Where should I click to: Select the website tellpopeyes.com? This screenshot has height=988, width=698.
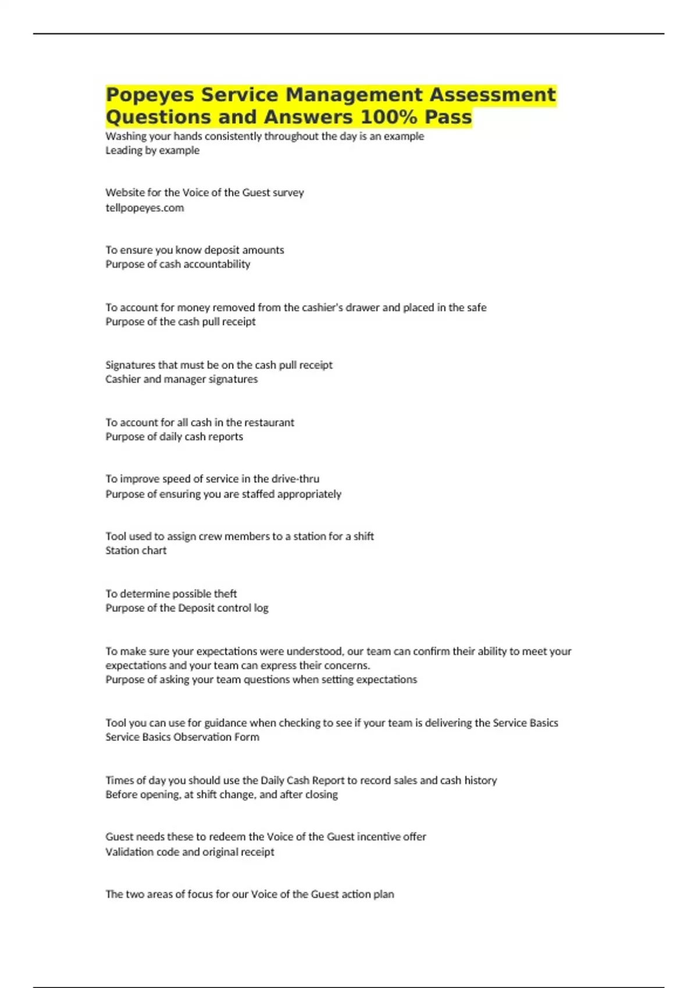coord(144,207)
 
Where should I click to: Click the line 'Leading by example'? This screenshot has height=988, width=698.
coord(152,150)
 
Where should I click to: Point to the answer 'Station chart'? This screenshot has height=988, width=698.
coord(136,550)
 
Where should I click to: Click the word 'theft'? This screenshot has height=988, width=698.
coord(225,593)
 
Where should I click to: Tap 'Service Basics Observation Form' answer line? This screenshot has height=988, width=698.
coord(182,737)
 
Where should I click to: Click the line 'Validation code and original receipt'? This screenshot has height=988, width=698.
coord(190,851)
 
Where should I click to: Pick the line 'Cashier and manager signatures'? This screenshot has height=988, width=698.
coord(181,379)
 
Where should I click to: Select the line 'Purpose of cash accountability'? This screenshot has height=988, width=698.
coord(177,264)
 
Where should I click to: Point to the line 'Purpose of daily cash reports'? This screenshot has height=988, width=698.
coord(174,436)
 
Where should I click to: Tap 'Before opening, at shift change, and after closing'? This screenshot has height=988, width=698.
coord(221,794)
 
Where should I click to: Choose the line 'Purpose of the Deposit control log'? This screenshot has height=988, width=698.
coord(187,608)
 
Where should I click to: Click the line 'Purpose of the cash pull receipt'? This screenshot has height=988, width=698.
coord(180,321)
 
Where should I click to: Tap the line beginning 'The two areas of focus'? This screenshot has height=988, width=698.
coord(250,894)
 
